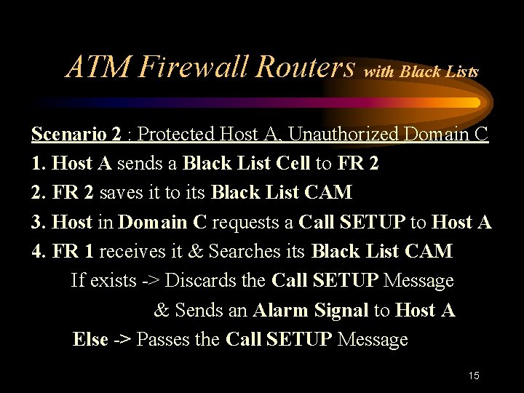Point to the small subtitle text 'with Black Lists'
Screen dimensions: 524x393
[421, 72]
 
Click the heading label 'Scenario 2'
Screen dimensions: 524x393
[76, 135]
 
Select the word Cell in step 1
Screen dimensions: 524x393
[293, 164]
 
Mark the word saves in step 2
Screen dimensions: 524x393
[122, 193]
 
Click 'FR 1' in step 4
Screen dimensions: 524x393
[73, 252]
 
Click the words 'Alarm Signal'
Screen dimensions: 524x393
[311, 310]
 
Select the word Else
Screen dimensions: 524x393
[90, 339]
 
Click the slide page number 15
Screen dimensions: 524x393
[474, 376]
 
